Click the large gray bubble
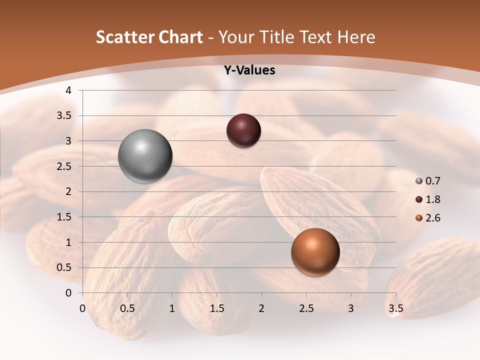[x=145, y=156]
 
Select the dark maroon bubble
[x=243, y=130]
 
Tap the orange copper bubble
[x=315, y=252]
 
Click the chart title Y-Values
[x=249, y=70]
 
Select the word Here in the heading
[x=356, y=37]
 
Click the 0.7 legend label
[x=433, y=181]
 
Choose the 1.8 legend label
[x=433, y=199]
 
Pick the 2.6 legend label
[x=433, y=218]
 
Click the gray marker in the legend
[x=418, y=181]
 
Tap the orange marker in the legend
[x=418, y=218]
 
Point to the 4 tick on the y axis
[x=69, y=90]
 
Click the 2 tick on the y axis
[x=69, y=191]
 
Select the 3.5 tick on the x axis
[x=395, y=308]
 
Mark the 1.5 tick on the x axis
[x=216, y=308]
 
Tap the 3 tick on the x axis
[x=350, y=308]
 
